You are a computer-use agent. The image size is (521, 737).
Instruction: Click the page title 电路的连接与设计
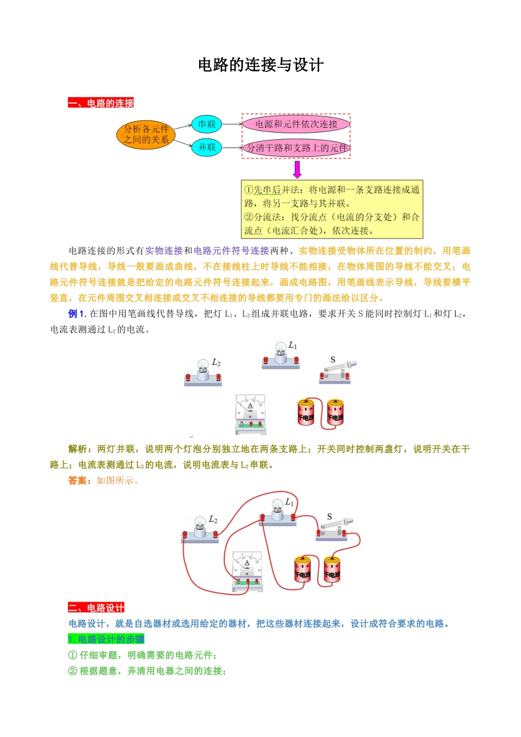260,65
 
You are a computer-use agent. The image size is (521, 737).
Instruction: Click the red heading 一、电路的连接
101,103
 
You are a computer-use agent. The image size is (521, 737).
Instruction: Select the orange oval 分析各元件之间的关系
146,134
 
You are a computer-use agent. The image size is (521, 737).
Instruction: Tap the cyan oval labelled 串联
207,124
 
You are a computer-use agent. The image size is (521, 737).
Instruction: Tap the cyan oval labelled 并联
207,147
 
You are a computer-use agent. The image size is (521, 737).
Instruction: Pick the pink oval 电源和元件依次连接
296,124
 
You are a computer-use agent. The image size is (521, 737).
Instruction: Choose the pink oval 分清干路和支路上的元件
296,148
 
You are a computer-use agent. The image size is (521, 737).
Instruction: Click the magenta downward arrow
297,169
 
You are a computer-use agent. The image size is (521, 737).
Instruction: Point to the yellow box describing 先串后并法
332,210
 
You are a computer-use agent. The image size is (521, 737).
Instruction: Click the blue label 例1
76,314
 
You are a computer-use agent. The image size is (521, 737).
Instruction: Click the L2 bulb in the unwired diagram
203,373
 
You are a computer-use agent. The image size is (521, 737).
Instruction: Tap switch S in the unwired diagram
336,371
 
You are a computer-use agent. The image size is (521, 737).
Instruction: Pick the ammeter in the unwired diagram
251,414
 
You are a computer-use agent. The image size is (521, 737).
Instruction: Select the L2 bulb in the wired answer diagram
200,530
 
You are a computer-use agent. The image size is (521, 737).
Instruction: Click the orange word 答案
80,480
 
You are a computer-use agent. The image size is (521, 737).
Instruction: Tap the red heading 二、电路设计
96,608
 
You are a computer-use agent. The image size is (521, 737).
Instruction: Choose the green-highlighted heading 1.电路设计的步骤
106,639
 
